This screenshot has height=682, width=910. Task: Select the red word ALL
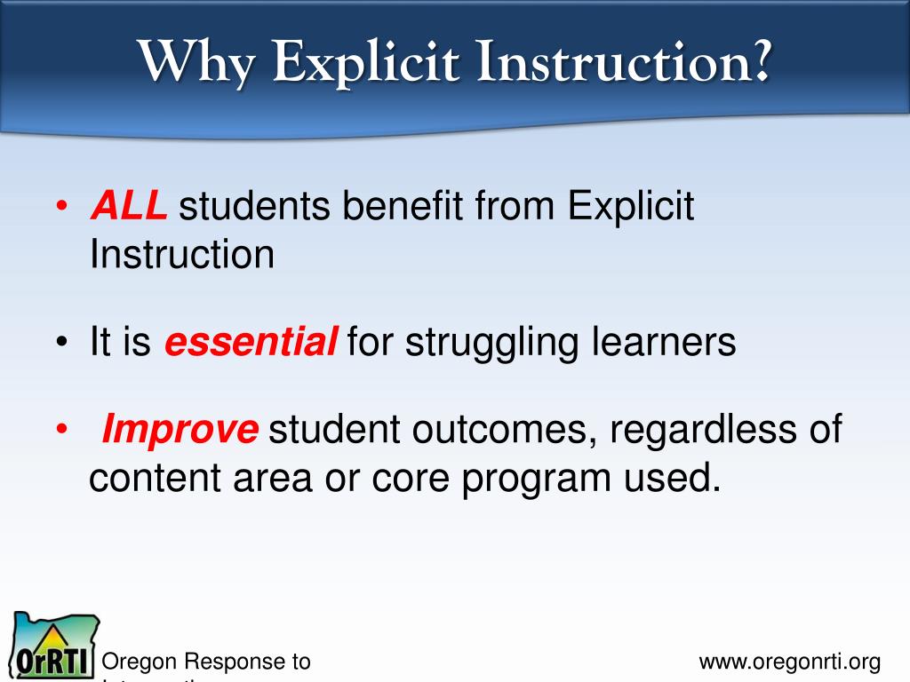[128, 207]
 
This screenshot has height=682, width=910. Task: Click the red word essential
[251, 342]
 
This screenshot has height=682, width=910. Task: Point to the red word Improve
[180, 430]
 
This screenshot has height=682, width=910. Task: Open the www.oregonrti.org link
[789, 662]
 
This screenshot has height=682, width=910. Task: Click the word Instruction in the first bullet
[181, 256]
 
